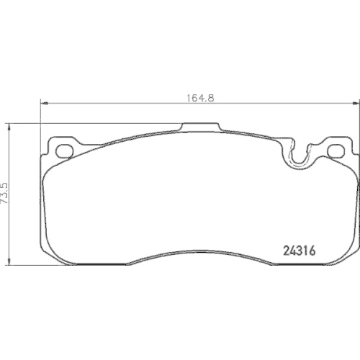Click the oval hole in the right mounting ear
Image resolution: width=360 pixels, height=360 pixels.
coord(334,150)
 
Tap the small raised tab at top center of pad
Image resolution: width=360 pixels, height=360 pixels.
coord(199,127)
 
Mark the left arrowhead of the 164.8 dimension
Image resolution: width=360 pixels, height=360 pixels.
coord(42,105)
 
